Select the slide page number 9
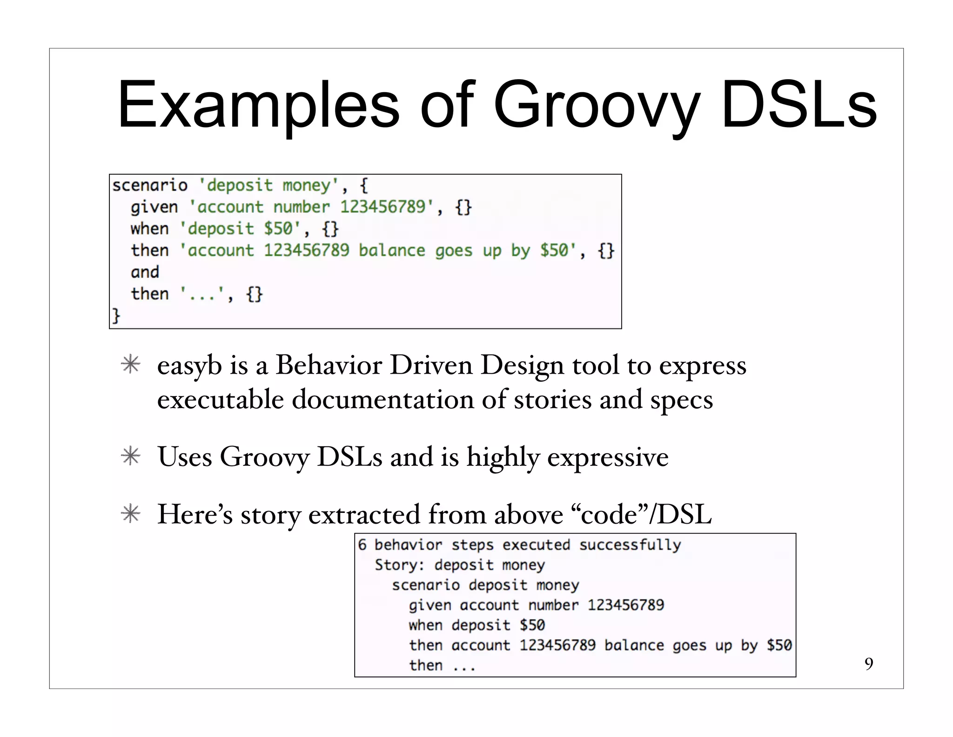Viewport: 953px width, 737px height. [x=868, y=663]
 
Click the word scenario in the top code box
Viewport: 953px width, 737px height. [x=150, y=185]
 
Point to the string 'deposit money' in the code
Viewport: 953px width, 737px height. [x=269, y=185]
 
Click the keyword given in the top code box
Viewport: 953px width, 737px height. [x=154, y=207]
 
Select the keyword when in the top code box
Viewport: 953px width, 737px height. [x=149, y=229]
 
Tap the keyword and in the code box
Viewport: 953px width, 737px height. [x=145, y=272]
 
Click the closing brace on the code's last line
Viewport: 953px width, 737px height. [x=116, y=315]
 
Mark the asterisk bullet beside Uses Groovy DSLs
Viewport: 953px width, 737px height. [x=131, y=457]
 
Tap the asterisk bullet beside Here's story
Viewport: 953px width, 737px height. [x=131, y=514]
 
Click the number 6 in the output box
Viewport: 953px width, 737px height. [x=362, y=545]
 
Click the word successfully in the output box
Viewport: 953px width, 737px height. [x=630, y=545]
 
